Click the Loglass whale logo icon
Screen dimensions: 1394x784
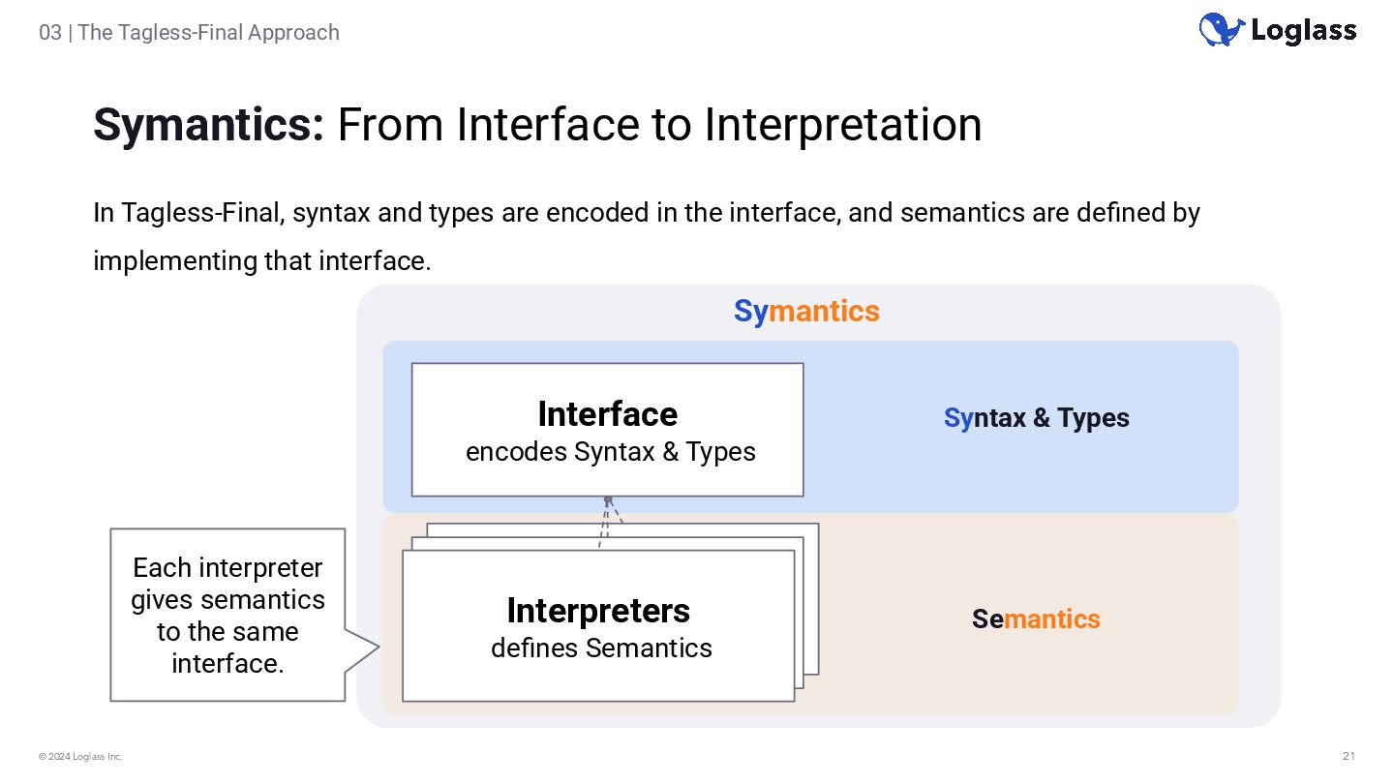tap(1221, 30)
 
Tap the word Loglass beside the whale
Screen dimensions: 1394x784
tap(1303, 31)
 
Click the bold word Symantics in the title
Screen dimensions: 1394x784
tap(208, 125)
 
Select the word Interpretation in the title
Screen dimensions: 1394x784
tap(842, 125)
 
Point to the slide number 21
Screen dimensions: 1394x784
tap(1349, 756)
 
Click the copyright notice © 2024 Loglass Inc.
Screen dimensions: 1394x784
tap(80, 756)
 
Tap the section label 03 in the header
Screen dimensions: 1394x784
tap(49, 32)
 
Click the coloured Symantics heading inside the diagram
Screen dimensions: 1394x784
tap(806, 311)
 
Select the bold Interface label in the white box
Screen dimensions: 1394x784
tap(607, 414)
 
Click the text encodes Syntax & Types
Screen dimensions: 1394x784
tap(610, 452)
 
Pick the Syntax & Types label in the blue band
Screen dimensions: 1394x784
tap(1036, 418)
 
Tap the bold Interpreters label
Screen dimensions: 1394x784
tap(598, 611)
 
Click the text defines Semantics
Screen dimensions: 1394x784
tap(601, 648)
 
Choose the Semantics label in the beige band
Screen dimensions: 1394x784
tap(1036, 618)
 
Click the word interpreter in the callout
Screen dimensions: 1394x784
tap(261, 567)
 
